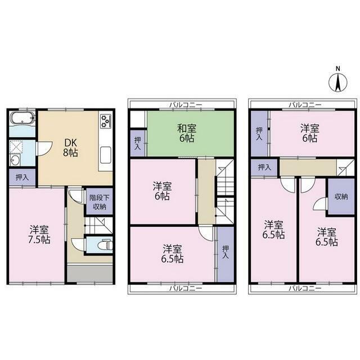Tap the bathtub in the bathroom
(22, 119)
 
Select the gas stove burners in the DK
(106, 121)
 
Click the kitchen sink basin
(106, 155)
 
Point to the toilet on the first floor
(105, 245)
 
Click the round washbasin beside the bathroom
(15, 160)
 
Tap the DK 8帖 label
(70, 147)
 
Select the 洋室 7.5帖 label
(39, 235)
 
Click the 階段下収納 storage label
(100, 202)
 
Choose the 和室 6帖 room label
(187, 133)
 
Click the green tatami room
(190, 134)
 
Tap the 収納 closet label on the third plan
(341, 196)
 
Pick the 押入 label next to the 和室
(137, 143)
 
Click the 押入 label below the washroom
(22, 177)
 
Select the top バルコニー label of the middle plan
(186, 105)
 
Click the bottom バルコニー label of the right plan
(305, 288)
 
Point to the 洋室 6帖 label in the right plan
(310, 133)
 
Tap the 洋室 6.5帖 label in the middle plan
(172, 254)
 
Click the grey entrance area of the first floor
(90, 274)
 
